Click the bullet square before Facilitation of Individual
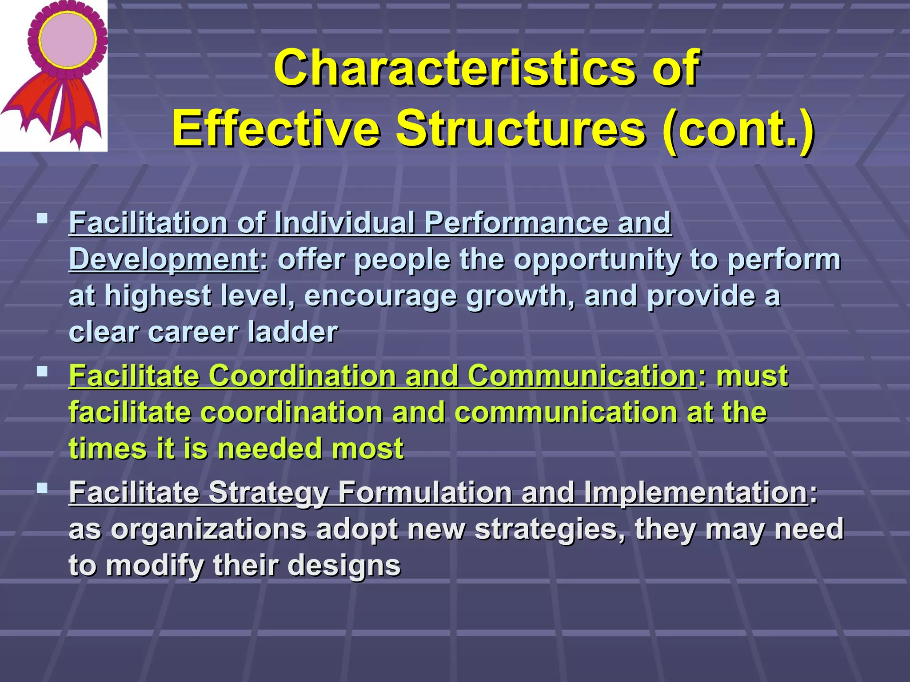pyautogui.click(x=43, y=218)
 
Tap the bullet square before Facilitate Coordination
pyautogui.click(x=43, y=371)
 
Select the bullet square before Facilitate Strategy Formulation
pyautogui.click(x=43, y=488)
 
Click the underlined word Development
pyautogui.click(x=164, y=259)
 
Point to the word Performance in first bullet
pyautogui.click(x=515, y=222)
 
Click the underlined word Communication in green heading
pyautogui.click(x=581, y=376)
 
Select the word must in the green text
pyautogui.click(x=752, y=376)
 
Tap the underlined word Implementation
pyautogui.click(x=695, y=492)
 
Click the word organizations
pyautogui.click(x=208, y=529)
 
